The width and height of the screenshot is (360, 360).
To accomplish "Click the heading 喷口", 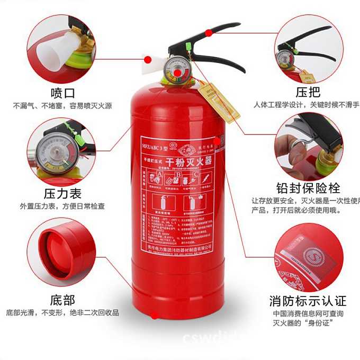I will pos(62,93).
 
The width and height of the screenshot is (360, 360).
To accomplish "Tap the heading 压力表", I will pos(62,191).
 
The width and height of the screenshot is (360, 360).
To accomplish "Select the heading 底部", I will pos(62,300).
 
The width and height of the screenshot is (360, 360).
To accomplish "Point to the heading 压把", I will pos(308,92).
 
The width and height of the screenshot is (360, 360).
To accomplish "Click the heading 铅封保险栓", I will pos(308,188).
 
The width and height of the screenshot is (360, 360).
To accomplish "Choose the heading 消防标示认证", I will pos(308,301).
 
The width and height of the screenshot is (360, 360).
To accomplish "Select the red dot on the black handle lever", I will pos(209,33).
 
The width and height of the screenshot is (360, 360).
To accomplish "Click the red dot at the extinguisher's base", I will pos(155,316).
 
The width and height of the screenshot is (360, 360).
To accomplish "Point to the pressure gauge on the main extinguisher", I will pos(175,71).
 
